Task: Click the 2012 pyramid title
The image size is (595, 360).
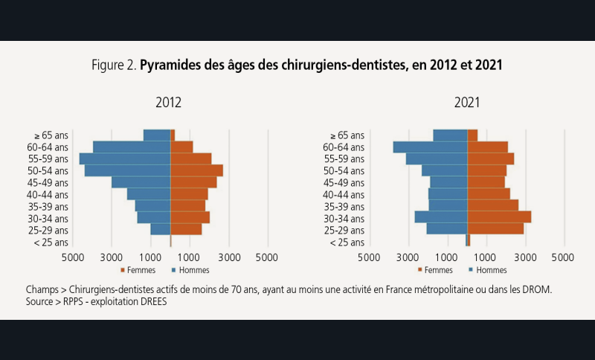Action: [x=169, y=103]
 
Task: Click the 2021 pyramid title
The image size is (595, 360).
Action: [x=467, y=103]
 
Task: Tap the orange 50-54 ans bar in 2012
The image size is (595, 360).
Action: [x=196, y=170]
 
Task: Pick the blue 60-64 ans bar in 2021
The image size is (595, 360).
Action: [x=430, y=147]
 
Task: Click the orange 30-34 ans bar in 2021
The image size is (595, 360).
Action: [x=498, y=217]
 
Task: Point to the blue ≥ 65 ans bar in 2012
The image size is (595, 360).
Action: [x=157, y=135]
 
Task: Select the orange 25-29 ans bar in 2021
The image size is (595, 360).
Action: [x=495, y=229]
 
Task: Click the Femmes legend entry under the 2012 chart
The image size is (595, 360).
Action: [x=137, y=270]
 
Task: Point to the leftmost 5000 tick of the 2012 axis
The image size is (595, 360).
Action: [x=73, y=257]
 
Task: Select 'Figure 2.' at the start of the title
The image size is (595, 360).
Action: [x=114, y=65]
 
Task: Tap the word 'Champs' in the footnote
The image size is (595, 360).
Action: [x=42, y=289]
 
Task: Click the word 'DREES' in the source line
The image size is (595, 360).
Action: [x=150, y=302]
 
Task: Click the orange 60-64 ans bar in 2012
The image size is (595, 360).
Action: [x=181, y=147]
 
